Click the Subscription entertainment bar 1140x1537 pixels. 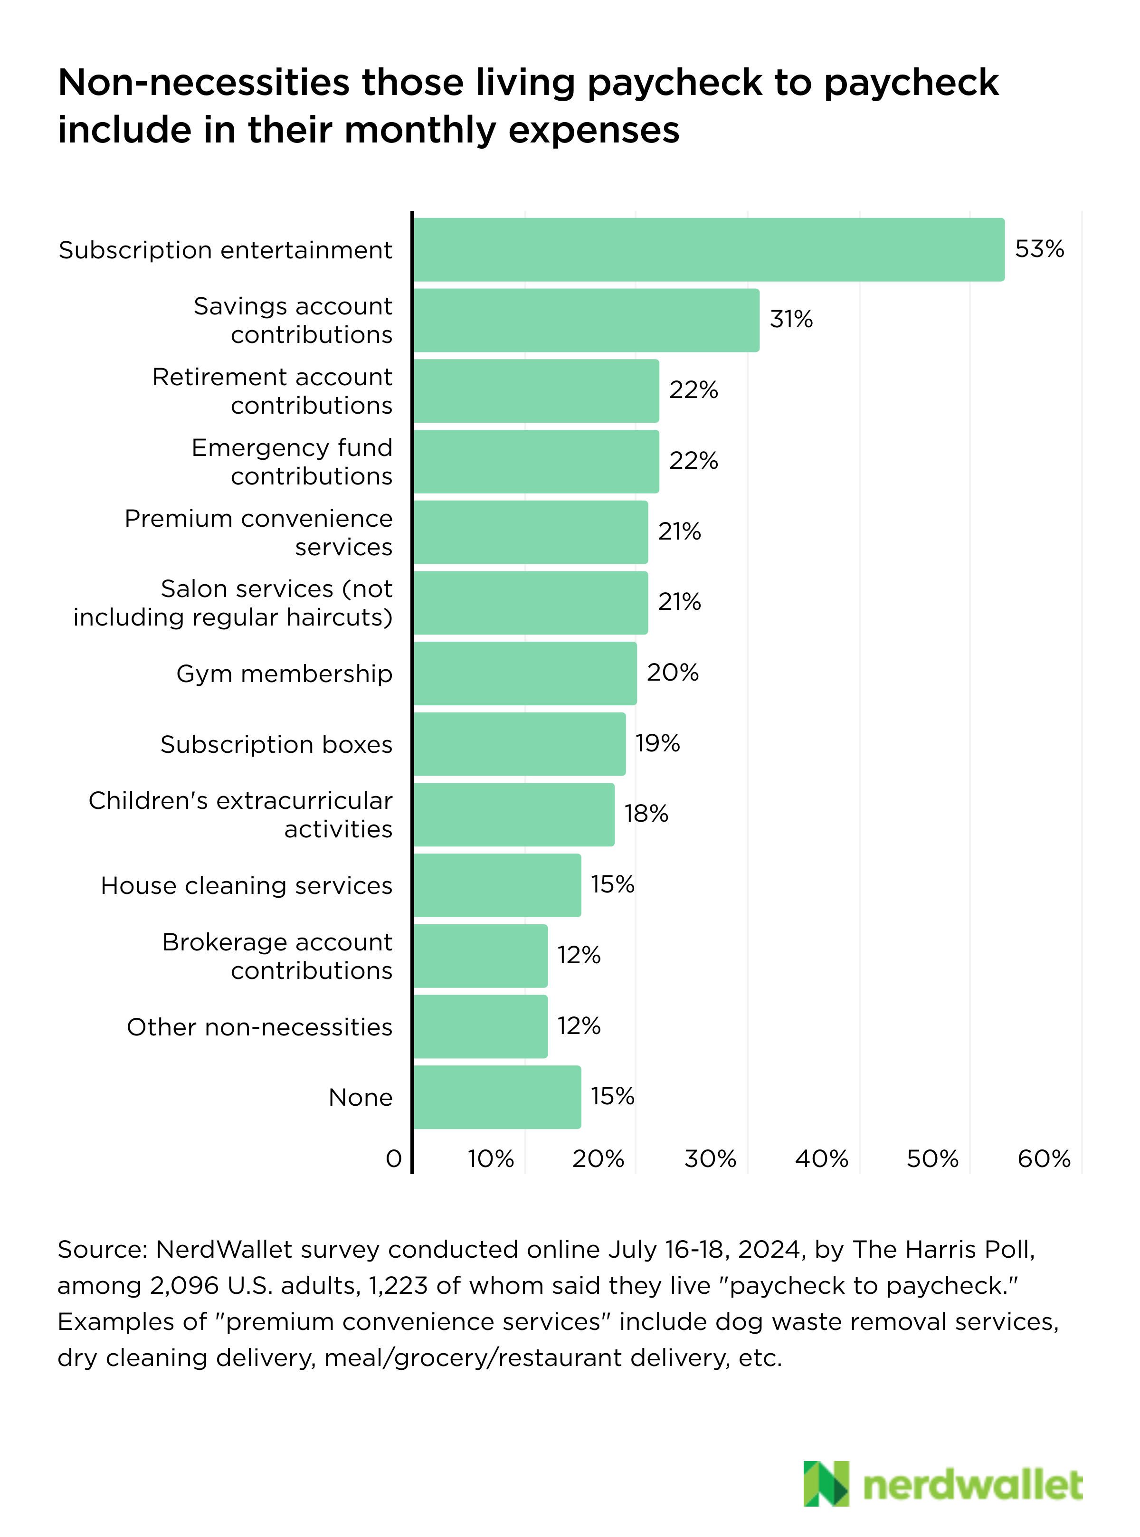[709, 250]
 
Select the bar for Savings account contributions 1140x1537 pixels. [587, 320]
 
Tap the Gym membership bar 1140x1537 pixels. [525, 674]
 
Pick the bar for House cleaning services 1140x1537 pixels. [497, 885]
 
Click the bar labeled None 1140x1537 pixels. [497, 1097]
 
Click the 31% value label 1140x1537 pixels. [791, 319]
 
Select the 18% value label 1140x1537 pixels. [646, 814]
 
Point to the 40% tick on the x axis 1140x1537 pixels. [821, 1159]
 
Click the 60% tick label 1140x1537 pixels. [1044, 1159]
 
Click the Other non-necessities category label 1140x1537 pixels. [259, 1027]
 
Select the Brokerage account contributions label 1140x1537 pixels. [277, 956]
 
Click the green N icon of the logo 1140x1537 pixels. [826, 1483]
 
